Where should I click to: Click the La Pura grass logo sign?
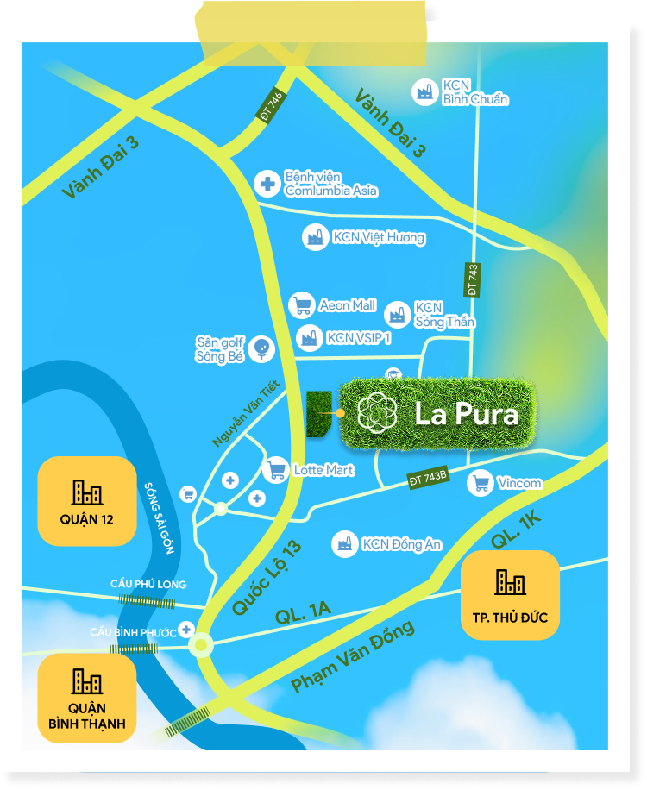(x=437, y=415)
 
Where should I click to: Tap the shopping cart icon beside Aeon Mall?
(x=301, y=305)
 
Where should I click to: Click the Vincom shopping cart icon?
(x=480, y=483)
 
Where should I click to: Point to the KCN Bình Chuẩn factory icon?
(x=424, y=91)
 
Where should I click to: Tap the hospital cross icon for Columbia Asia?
(x=267, y=183)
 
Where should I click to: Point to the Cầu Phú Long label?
(x=148, y=584)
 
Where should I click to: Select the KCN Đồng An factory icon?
(x=345, y=543)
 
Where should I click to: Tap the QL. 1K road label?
(x=518, y=527)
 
